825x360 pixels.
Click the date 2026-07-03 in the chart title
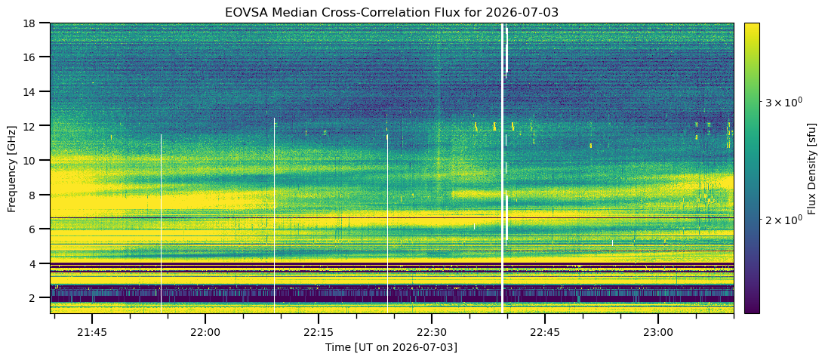(530, 11)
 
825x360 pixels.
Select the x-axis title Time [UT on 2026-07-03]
(392, 347)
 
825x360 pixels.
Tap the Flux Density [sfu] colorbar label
(813, 168)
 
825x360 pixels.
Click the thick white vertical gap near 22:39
(503, 168)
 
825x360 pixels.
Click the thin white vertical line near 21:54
(161, 223)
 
